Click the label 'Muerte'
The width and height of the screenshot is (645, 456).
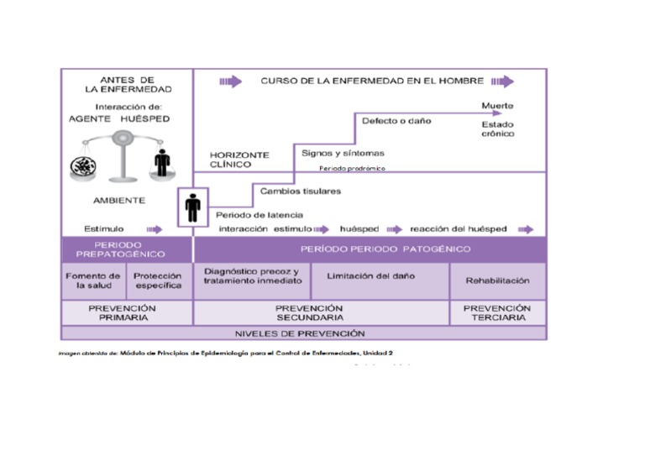click(x=497, y=106)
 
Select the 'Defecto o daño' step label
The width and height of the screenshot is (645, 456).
click(x=396, y=121)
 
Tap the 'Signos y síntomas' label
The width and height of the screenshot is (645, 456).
click(x=343, y=153)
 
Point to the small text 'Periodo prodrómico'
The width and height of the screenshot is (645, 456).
click(x=352, y=169)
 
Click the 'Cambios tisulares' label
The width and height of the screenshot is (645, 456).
click(x=301, y=191)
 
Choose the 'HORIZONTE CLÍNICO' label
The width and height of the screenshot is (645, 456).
click(x=239, y=160)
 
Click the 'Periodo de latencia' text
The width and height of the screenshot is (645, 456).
click(x=260, y=214)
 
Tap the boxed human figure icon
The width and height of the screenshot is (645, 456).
click(x=193, y=207)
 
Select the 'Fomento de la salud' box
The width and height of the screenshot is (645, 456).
click(x=93, y=280)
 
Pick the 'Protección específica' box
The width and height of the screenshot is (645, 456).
click(x=158, y=280)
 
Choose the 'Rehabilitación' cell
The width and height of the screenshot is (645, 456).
click(x=498, y=280)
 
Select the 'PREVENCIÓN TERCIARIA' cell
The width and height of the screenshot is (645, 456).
click(x=497, y=313)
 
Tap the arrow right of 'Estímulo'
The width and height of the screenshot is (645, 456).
click(x=155, y=228)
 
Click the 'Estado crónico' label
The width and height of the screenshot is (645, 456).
click(x=498, y=128)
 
